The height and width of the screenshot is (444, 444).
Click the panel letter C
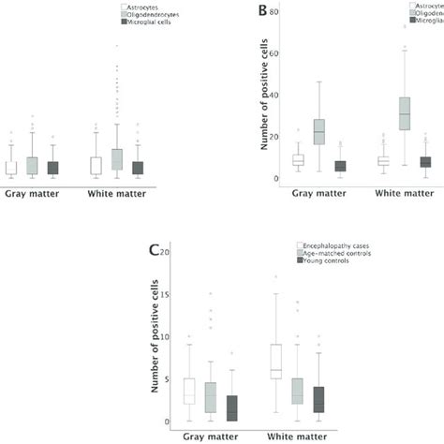tap(155, 250)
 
